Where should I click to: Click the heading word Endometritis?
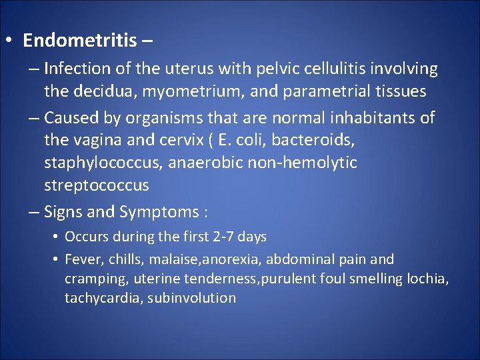point(79,41)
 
